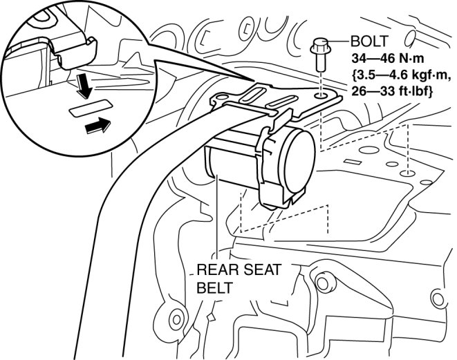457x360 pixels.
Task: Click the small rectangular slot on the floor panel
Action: [x=351, y=162]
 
